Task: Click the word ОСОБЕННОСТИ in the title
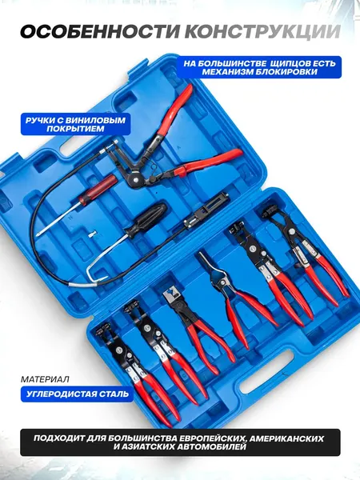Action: (x=102, y=31)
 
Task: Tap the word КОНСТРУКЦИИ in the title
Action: (x=264, y=31)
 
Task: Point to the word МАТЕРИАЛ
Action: (x=45, y=379)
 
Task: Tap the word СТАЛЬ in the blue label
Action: (x=114, y=394)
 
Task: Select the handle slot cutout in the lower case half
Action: (x=268, y=374)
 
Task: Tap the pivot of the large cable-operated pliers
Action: (x=134, y=177)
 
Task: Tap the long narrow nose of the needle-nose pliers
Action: (x=206, y=262)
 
